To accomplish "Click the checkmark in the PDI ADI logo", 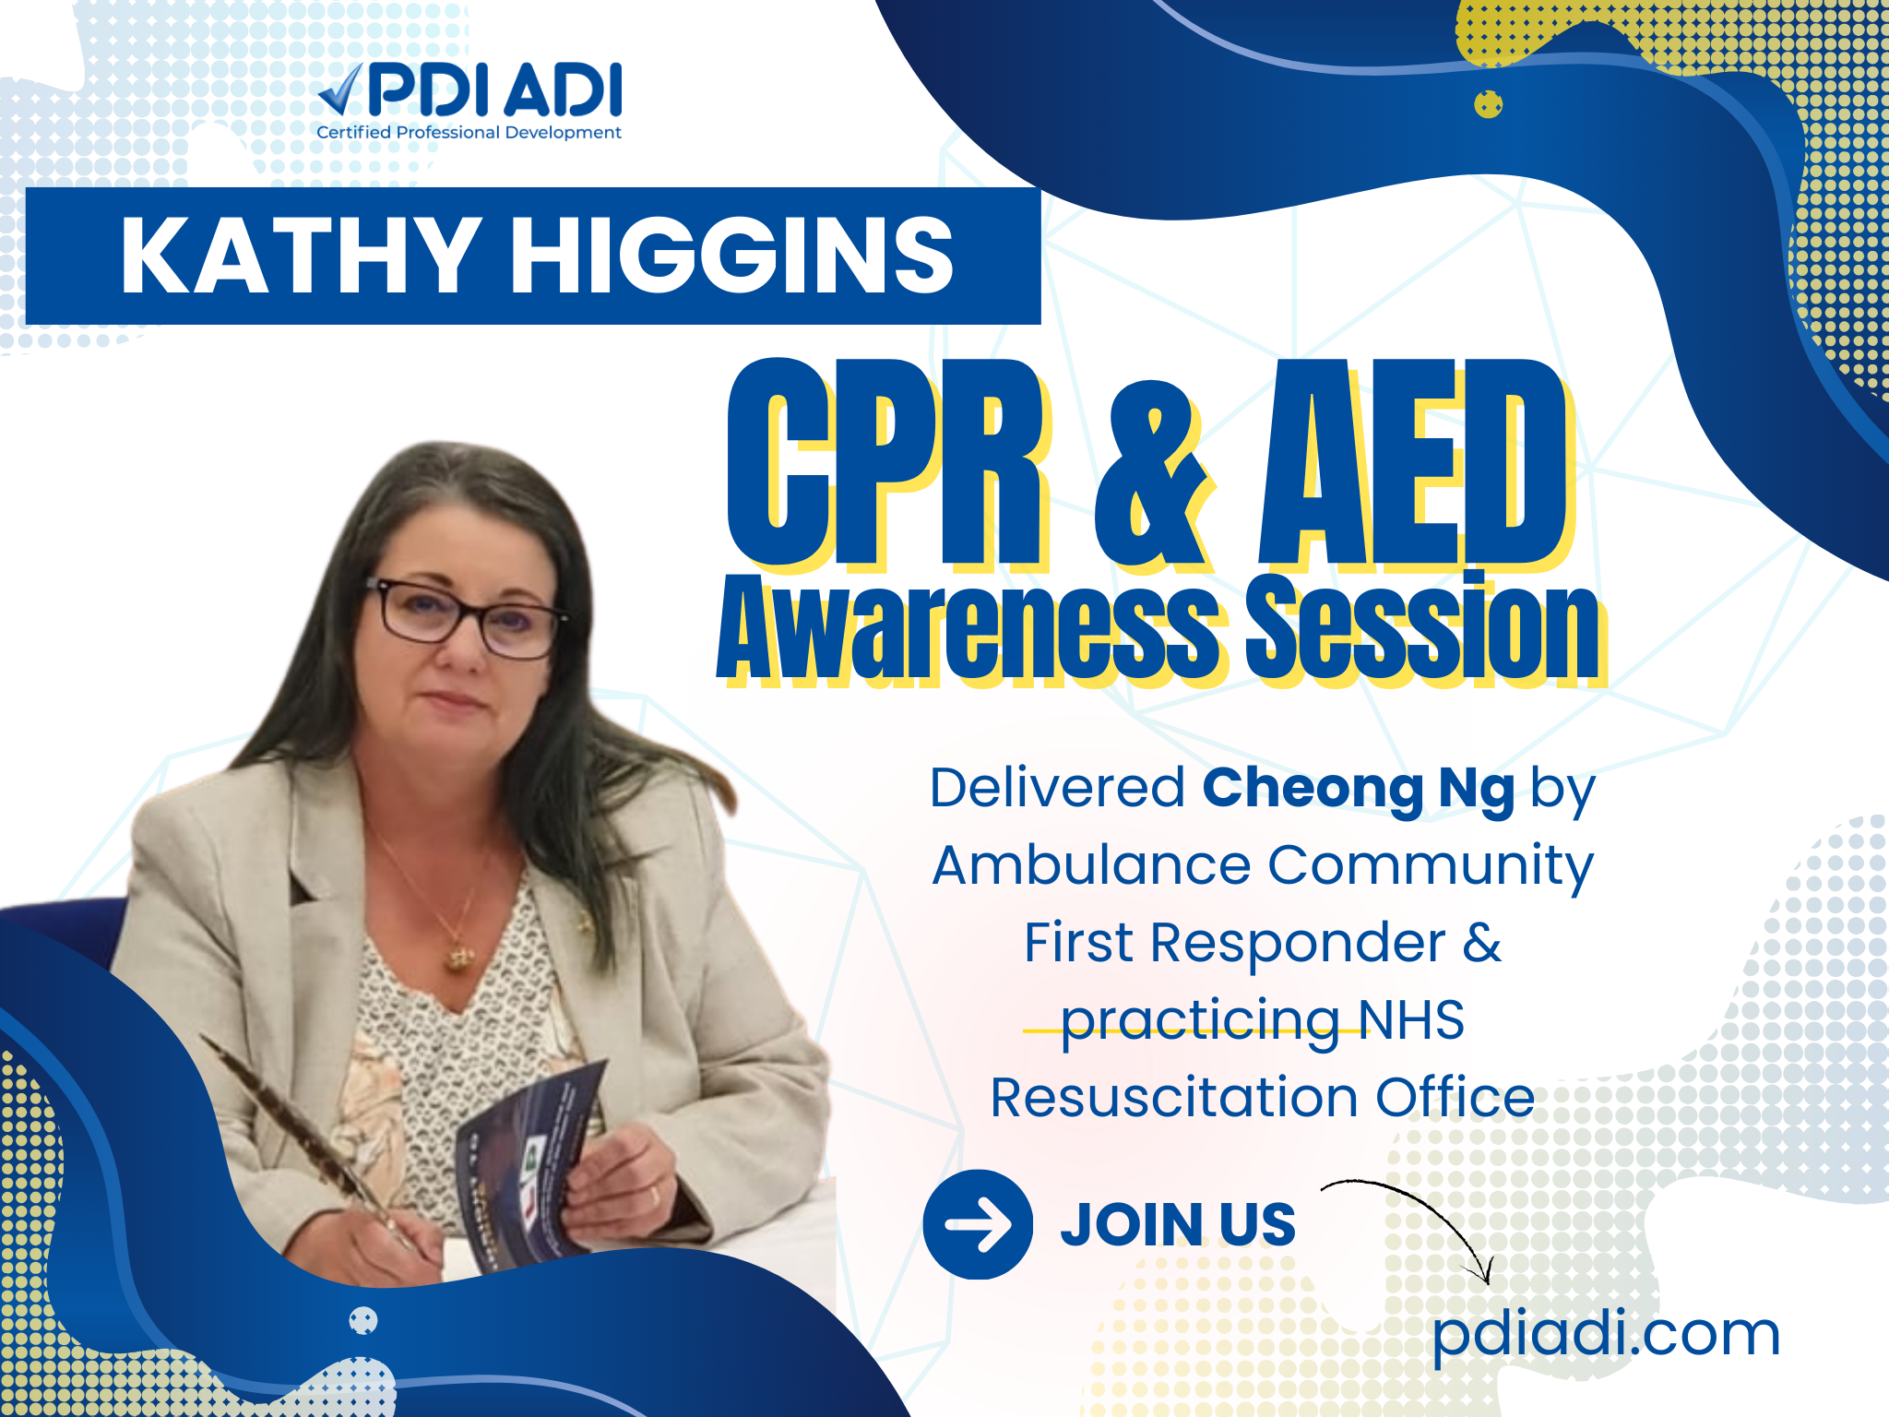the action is pos(341,93).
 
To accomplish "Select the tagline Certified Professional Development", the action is pos(469,132).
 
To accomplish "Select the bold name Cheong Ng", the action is pos(1359,790).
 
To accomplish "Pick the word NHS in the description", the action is pos(1411,1019).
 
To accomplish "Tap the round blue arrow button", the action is pos(978,1224).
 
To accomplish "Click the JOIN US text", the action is pos(1178,1224).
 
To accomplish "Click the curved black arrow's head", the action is pos(1483,1273).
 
